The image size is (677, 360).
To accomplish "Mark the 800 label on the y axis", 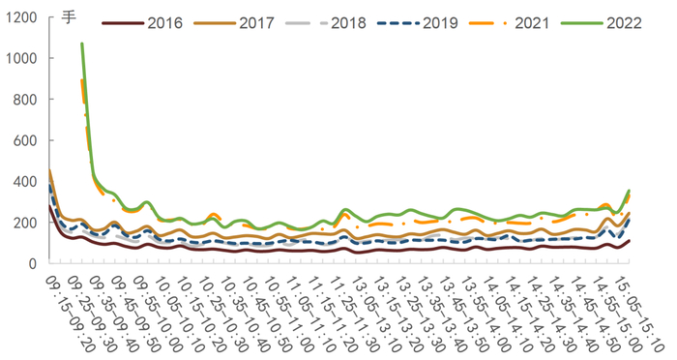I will click(25, 100).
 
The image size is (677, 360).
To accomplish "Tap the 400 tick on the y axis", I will click(25, 181).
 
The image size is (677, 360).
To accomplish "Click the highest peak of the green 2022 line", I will click(82, 44).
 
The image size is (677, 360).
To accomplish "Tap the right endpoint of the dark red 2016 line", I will click(630, 241).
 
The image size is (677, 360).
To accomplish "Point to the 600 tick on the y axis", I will click(25, 140).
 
